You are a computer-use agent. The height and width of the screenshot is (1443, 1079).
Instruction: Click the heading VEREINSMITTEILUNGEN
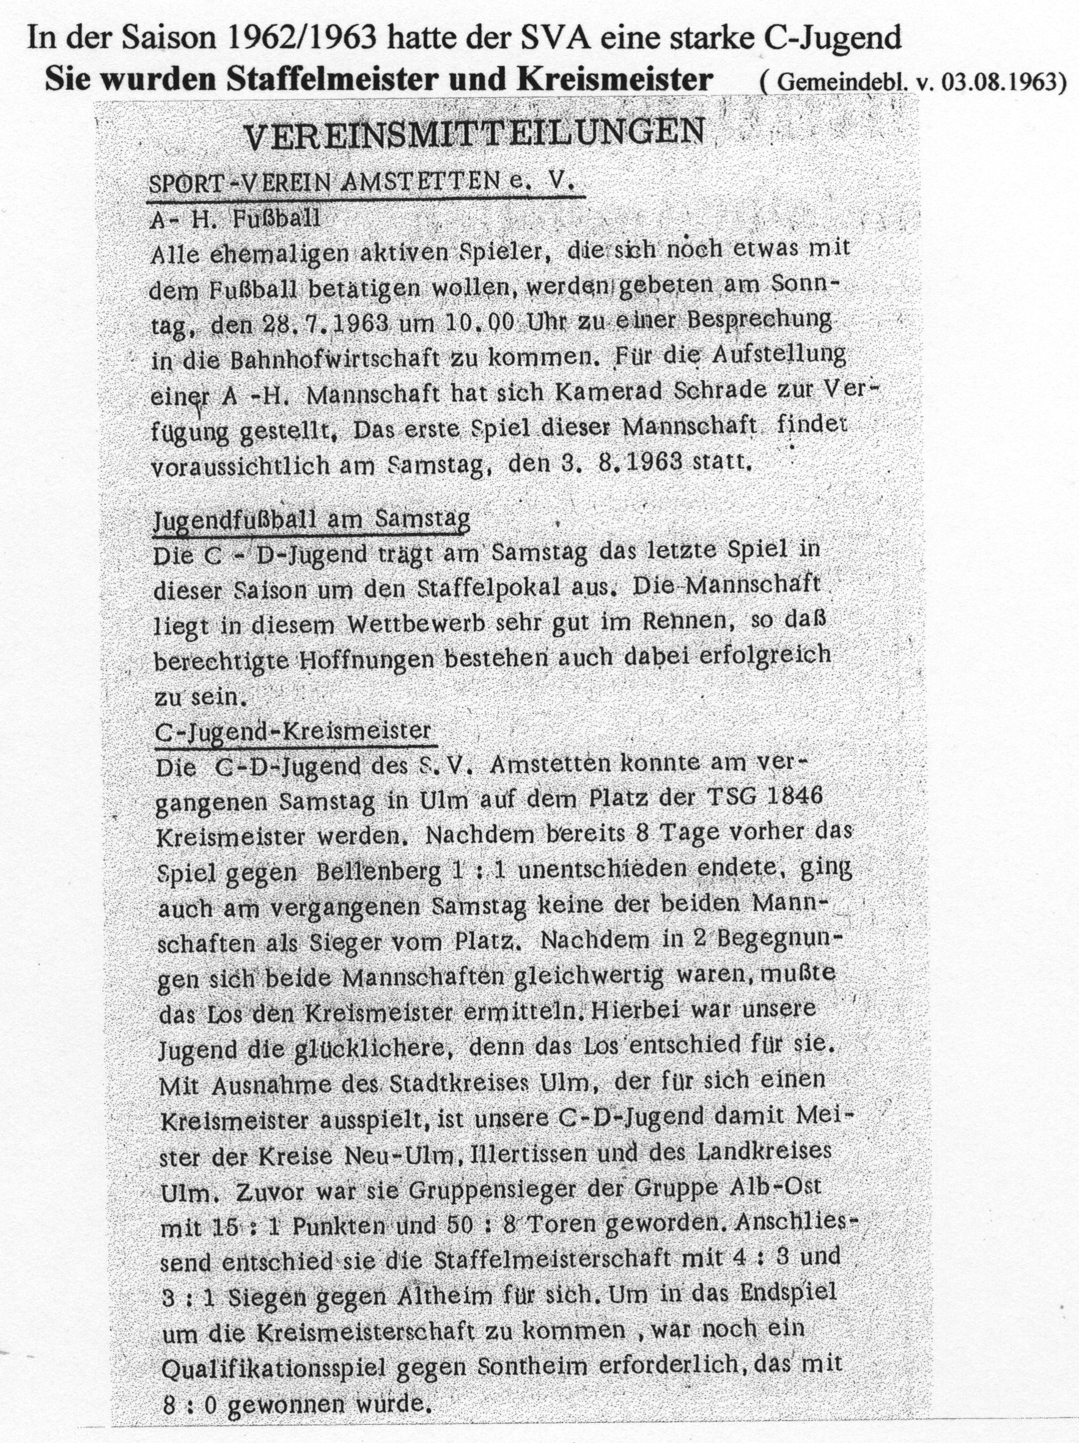click(474, 134)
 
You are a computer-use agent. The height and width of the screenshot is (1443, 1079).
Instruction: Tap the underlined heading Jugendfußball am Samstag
click(311, 520)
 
